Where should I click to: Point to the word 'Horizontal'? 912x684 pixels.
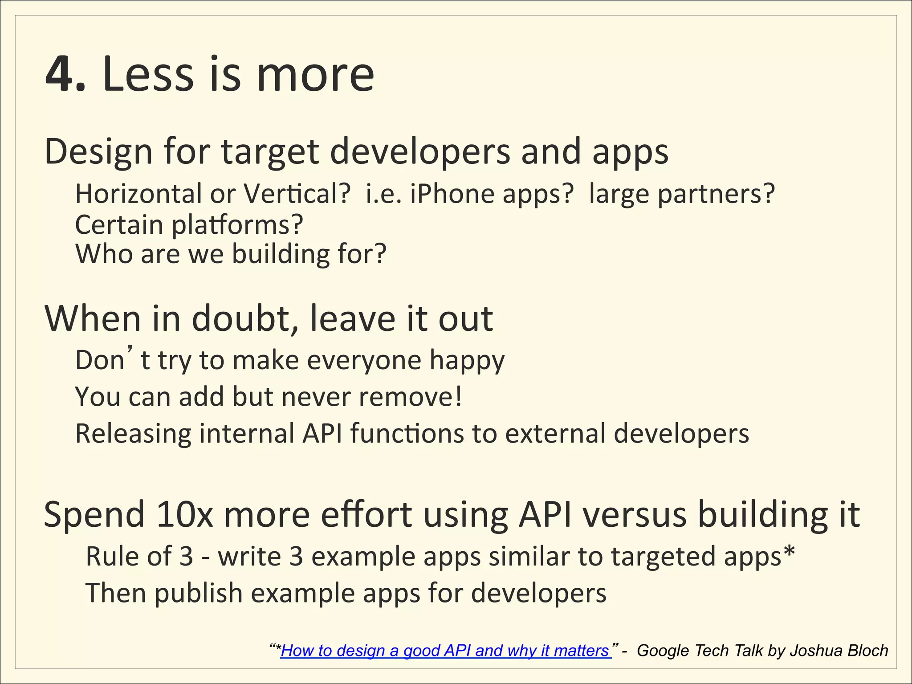click(x=138, y=194)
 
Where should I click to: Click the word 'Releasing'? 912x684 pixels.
click(x=133, y=434)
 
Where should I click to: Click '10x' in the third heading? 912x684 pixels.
click(x=184, y=515)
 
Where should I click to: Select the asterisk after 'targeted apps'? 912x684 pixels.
click(x=789, y=552)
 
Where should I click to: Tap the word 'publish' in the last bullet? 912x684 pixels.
click(x=198, y=594)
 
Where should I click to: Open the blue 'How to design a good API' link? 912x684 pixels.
click(x=445, y=651)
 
